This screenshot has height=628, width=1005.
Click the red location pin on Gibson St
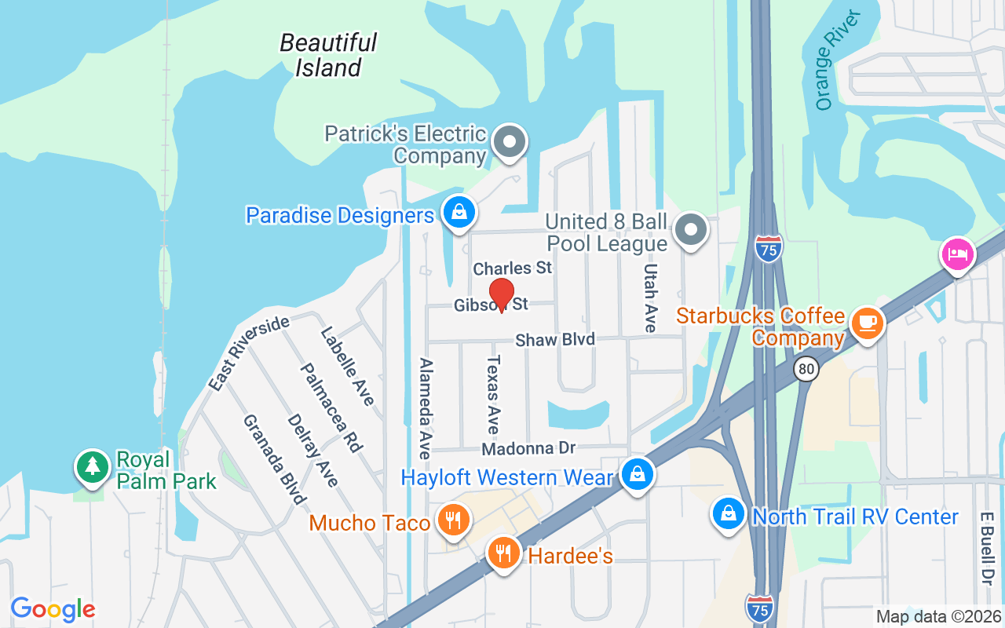pos(501,294)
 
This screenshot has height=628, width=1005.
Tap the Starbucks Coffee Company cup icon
pos(867,323)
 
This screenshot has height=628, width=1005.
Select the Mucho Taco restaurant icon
pos(452,520)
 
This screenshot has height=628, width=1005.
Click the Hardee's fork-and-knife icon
pos(503,553)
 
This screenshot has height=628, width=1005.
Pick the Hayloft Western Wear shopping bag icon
pos(638,474)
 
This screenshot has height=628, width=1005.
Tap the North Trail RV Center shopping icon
pos(729,514)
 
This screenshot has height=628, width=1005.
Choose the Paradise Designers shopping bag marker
pos(458,212)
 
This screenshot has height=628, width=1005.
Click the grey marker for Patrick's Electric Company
pos(510,143)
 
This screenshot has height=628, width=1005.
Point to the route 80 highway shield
pos(806,368)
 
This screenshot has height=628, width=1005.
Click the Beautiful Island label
pos(328,55)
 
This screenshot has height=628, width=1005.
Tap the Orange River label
pos(837,61)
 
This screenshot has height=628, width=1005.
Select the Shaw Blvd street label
pos(555,340)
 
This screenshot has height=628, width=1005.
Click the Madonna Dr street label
pos(528,448)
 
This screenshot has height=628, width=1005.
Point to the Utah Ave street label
pos(650,298)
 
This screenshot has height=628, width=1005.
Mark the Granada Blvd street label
pos(273,459)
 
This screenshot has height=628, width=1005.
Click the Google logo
pos(53,608)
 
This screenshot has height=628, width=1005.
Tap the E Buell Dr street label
pos(987,549)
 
